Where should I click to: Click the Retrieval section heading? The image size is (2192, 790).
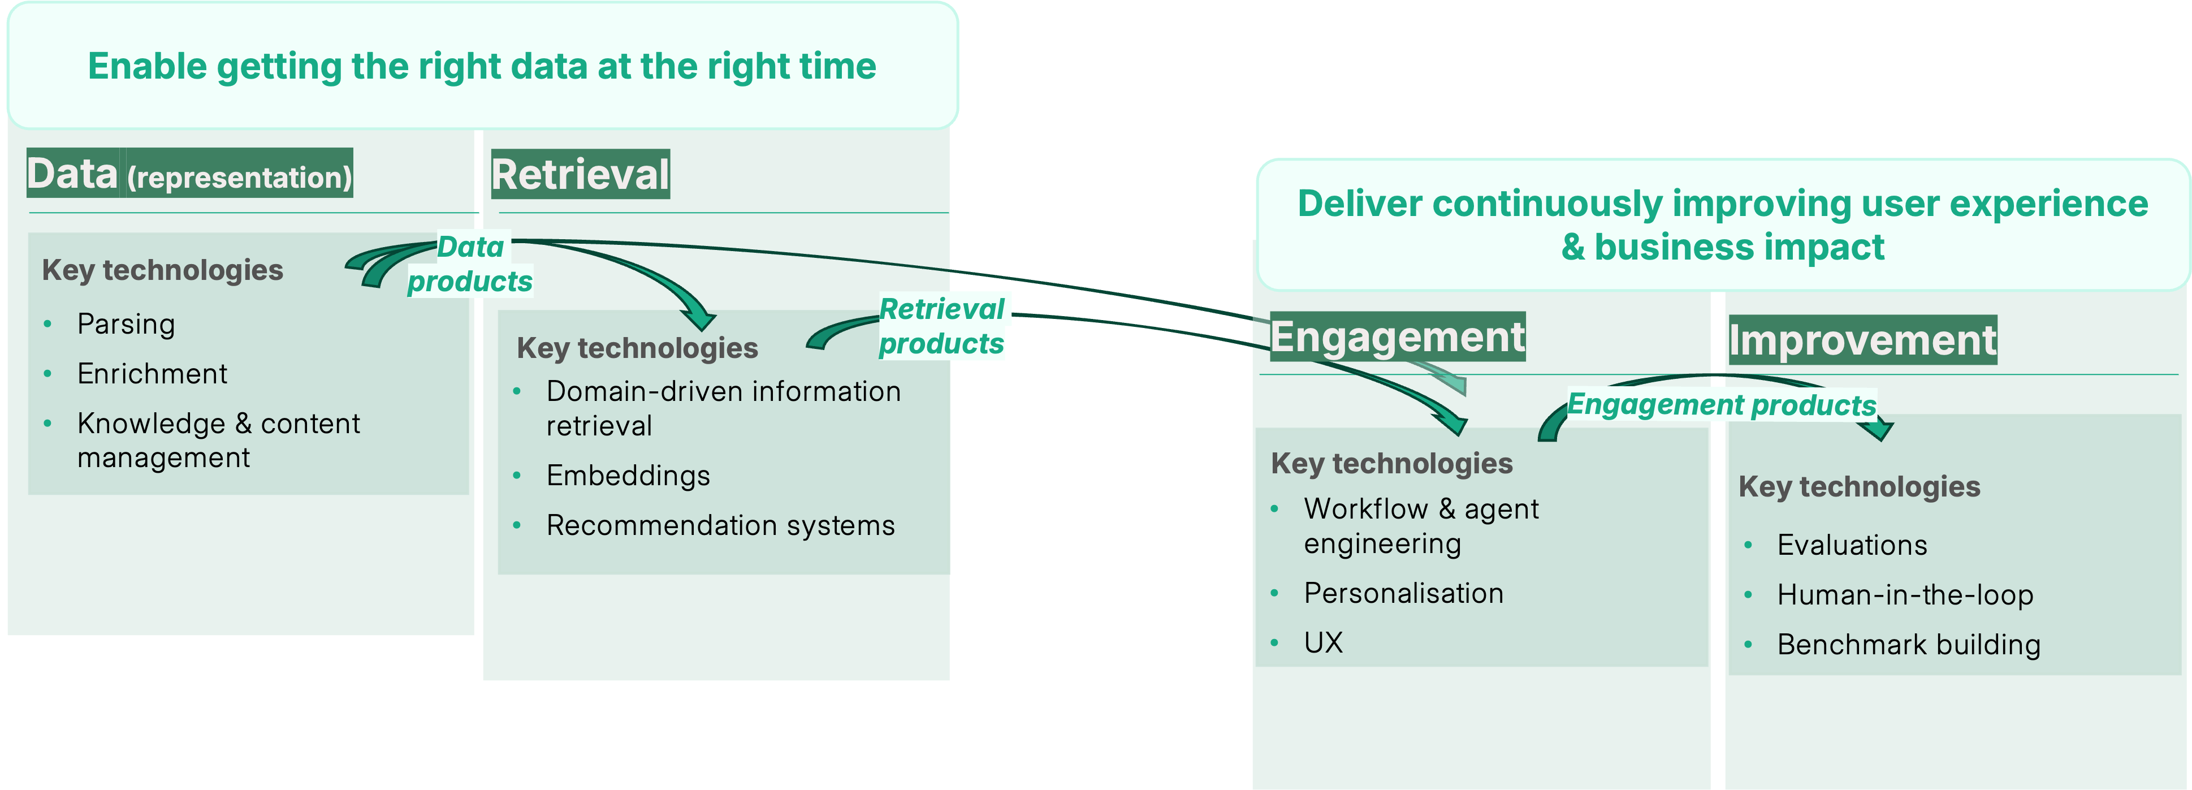pyautogui.click(x=580, y=175)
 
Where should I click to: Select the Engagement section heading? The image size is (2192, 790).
pyautogui.click(x=1397, y=336)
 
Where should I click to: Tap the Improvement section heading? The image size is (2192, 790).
pyautogui.click(x=1862, y=340)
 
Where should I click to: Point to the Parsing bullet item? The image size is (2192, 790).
pyautogui.click(x=126, y=325)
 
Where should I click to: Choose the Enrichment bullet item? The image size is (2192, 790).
pyautogui.click(x=152, y=374)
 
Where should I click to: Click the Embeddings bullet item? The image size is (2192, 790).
pyautogui.click(x=628, y=476)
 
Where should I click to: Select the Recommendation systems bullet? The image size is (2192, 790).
pyautogui.click(x=720, y=526)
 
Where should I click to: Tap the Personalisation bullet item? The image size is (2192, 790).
pyautogui.click(x=1403, y=593)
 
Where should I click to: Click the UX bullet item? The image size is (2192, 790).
pyautogui.click(x=1323, y=643)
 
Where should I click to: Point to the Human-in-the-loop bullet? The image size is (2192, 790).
pyautogui.click(x=1904, y=595)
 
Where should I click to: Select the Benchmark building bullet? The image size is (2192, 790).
pyautogui.click(x=1908, y=645)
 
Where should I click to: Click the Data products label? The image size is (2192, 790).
pyautogui.click(x=470, y=264)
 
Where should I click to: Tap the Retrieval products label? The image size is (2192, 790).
pyautogui.click(x=941, y=326)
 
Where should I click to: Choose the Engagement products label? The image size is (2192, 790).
pyautogui.click(x=1722, y=404)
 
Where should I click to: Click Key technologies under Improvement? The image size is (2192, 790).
pyautogui.click(x=1860, y=487)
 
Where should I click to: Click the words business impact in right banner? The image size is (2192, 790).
pyautogui.click(x=1739, y=248)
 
